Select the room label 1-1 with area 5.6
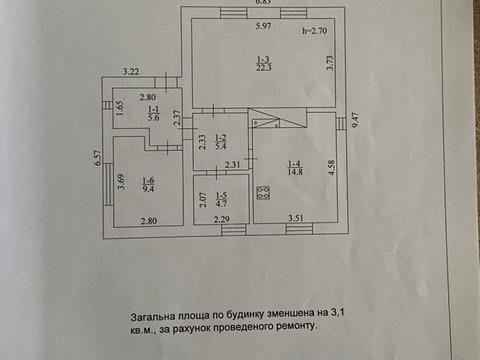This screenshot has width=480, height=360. point(154,114)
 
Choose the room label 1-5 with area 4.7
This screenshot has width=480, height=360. point(221,199)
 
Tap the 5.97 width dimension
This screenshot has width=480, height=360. point(262,25)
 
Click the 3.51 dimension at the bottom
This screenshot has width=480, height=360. point(297,217)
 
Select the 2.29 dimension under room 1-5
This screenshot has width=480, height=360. point(222,218)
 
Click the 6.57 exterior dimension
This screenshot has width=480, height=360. point(97,160)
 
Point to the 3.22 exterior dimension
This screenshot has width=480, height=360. point(131,72)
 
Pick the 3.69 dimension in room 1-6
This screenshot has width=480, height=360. point(119,182)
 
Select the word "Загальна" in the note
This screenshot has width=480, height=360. point(153,313)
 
